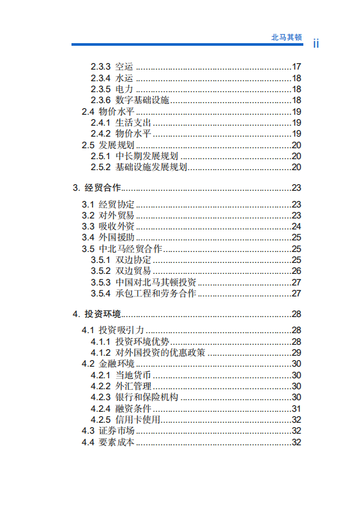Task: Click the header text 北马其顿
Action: [286, 37]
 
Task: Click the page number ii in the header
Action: [316, 44]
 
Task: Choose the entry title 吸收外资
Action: [117, 226]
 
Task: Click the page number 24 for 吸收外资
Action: [296, 226]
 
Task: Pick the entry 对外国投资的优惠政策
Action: [160, 352]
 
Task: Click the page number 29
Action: [296, 352]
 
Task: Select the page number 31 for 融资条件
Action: [296, 409]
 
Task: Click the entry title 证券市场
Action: [117, 430]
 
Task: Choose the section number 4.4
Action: [88, 442]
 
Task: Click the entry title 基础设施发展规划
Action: [151, 167]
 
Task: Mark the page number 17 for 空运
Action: [296, 67]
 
